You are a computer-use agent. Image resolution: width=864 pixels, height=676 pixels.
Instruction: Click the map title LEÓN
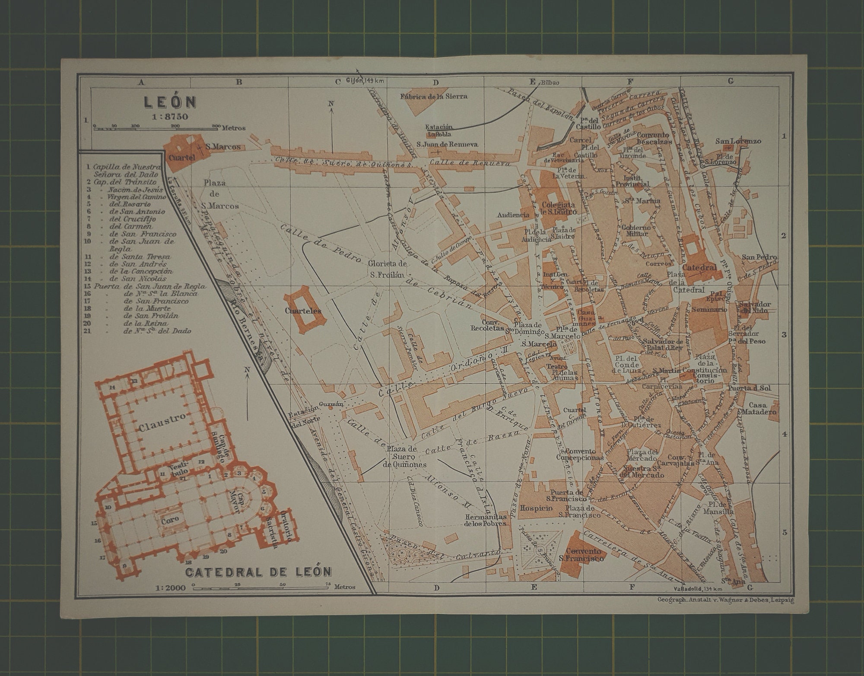coord(170,102)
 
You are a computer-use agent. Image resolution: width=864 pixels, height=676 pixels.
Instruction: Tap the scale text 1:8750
coord(170,116)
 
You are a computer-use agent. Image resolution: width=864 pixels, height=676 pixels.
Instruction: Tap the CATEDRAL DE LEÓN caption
coord(259,572)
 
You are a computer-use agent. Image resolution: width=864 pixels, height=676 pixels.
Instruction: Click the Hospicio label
coord(536,508)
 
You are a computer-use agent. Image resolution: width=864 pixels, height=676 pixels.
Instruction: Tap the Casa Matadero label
coord(763,408)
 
